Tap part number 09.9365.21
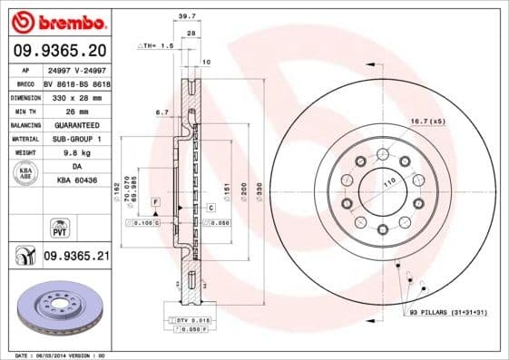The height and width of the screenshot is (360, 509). coord(75,257)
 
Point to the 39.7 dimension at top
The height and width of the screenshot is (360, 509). coord(187,16)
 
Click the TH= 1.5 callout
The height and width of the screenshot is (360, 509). coord(155,44)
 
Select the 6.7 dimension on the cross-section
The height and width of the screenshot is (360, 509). coord(162,112)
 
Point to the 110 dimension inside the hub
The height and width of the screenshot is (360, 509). coord(392,183)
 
